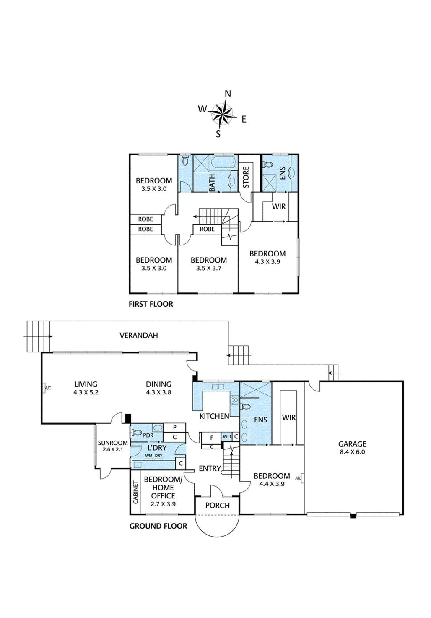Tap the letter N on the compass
tap(228, 94)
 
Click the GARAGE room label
tap(352, 444)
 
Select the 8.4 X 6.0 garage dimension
tap(352, 452)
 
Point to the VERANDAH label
tap(139, 335)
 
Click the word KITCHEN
tap(214, 416)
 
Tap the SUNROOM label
tap(113, 443)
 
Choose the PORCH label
tap(218, 506)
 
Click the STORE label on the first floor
tap(246, 177)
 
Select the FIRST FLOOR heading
tap(151, 304)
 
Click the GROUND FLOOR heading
tap(158, 526)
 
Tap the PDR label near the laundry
tap(148, 435)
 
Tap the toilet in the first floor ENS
tap(267, 165)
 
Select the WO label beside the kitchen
tap(227, 437)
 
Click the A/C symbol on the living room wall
tap(46, 388)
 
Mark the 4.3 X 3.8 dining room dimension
tap(158, 392)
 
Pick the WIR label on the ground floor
tap(289, 417)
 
